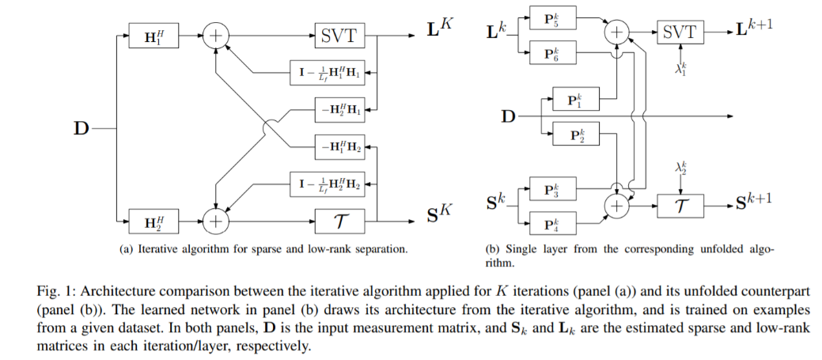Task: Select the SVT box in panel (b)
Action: click(680, 32)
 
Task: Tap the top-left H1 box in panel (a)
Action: click(155, 35)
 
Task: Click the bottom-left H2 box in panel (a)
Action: click(155, 221)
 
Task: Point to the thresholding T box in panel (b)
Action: click(680, 206)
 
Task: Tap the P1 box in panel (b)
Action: click(574, 100)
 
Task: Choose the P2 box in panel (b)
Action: click(574, 134)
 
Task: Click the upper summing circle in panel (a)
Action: click(214, 35)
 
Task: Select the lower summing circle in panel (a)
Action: click(214, 221)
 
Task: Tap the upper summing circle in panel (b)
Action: click(616, 32)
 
